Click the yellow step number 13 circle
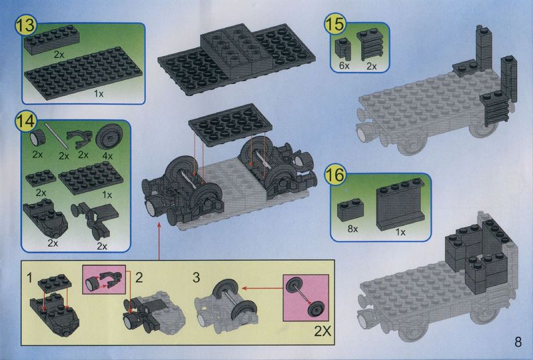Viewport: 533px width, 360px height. click(x=26, y=26)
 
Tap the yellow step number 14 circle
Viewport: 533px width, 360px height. click(x=26, y=122)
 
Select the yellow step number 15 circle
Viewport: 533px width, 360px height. click(x=335, y=24)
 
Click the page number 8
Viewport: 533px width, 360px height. click(x=518, y=341)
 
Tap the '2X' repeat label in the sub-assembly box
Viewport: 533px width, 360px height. click(x=322, y=331)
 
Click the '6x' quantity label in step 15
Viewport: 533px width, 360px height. click(x=344, y=66)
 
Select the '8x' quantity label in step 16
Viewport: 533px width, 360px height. click(x=352, y=229)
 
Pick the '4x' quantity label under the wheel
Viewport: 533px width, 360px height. click(x=107, y=156)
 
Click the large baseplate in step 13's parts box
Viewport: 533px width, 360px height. click(x=84, y=73)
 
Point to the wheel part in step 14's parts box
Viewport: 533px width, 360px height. click(x=109, y=137)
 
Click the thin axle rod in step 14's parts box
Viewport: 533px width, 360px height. click(x=57, y=136)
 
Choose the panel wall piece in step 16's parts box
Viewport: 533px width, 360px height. click(x=400, y=203)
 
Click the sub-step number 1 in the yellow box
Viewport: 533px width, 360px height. click(x=29, y=277)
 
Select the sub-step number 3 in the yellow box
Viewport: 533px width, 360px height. click(x=196, y=277)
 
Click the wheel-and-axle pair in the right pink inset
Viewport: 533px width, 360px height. click(x=305, y=297)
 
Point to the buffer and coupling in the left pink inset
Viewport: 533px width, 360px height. click(x=104, y=281)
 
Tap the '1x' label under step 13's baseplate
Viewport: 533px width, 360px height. click(x=99, y=94)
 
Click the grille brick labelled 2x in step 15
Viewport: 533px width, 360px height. click(x=370, y=45)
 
